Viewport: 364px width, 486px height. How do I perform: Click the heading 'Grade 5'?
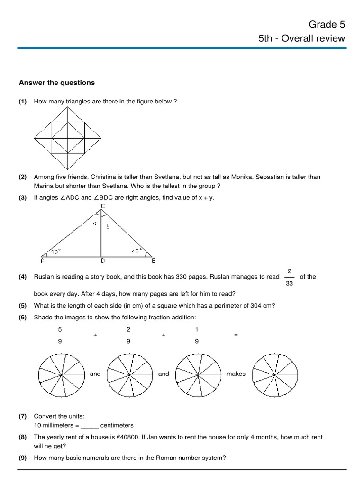[x=327, y=24]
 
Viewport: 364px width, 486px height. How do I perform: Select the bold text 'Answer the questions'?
[x=57, y=83]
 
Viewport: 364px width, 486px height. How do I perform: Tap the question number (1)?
[x=23, y=102]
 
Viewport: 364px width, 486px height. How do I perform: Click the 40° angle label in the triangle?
[x=55, y=252]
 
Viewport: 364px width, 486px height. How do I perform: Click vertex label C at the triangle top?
[x=103, y=206]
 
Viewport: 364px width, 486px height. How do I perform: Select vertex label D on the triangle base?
[x=102, y=261]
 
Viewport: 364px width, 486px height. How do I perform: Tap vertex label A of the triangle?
[x=43, y=261]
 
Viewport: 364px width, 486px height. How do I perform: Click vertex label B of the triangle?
[x=153, y=261]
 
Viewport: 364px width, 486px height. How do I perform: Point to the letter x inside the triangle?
[x=94, y=224]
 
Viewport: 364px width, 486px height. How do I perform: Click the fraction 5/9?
[x=60, y=335]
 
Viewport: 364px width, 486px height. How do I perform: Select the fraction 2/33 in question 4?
[x=289, y=277]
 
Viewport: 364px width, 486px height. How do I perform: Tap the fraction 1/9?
[x=197, y=335]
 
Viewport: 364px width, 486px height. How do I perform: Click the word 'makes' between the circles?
[x=236, y=374]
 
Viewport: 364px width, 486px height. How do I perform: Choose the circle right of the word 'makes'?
[x=275, y=375]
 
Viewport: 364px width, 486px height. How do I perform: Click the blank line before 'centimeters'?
[x=90, y=425]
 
